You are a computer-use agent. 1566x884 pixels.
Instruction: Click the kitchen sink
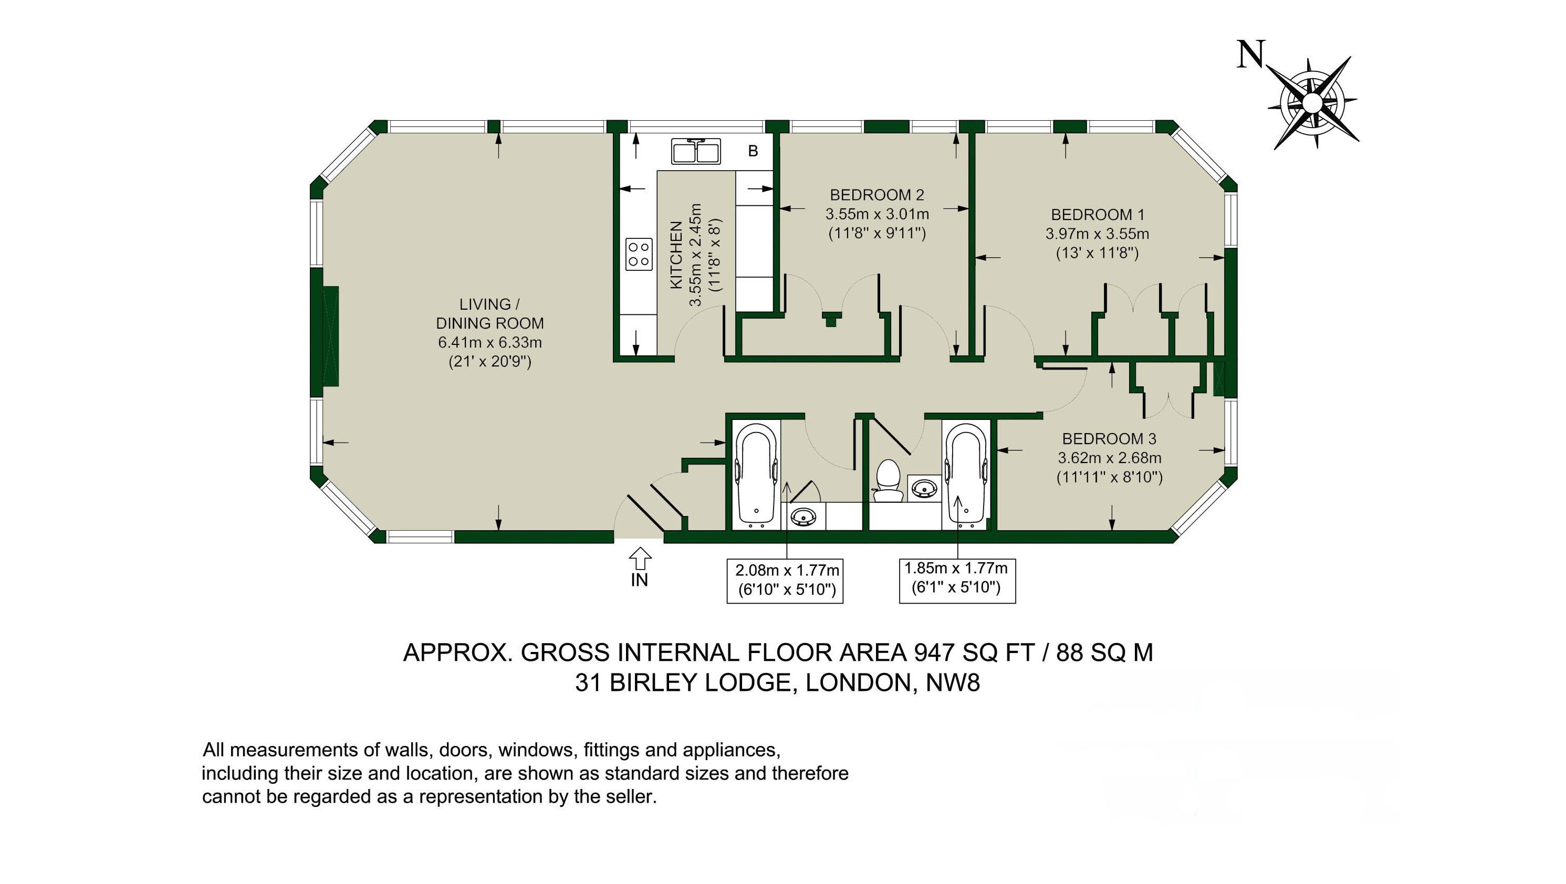pos(696,151)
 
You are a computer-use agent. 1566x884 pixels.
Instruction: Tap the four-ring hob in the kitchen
pos(639,254)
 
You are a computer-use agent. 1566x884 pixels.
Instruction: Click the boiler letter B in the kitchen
pos(753,151)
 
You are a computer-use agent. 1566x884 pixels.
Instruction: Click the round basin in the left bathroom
pos(803,517)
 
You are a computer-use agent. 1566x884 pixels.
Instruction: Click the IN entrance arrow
pos(640,557)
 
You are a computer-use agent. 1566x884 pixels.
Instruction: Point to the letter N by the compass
pos(1251,54)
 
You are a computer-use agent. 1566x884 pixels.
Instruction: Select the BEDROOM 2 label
pos(876,195)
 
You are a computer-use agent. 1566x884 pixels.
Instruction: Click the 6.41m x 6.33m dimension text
pos(490,343)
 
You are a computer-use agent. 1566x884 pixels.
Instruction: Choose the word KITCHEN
pos(675,255)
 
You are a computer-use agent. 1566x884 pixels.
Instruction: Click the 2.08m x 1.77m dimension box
pos(785,581)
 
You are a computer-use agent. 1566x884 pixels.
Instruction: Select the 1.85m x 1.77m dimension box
pos(957,580)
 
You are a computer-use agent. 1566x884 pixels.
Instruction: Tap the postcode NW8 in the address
pos(953,683)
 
